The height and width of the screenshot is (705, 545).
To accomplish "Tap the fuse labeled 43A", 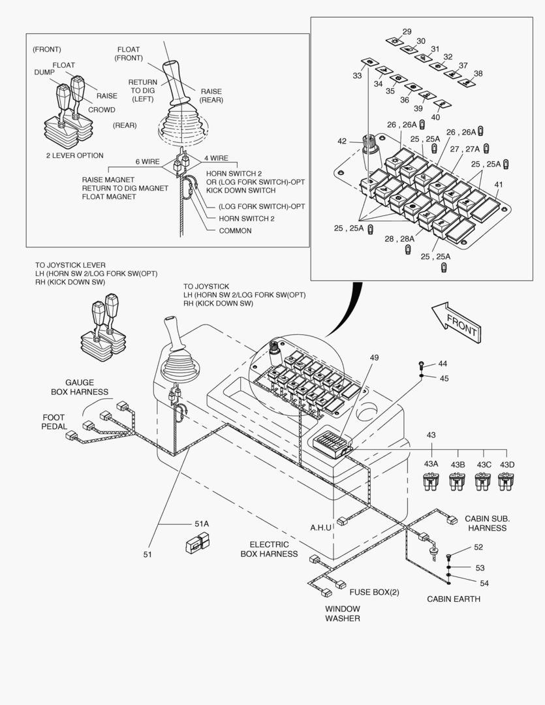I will click(x=431, y=482).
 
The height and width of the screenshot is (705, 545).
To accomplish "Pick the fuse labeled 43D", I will click(x=506, y=482).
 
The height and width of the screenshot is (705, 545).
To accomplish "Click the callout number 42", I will click(x=341, y=141).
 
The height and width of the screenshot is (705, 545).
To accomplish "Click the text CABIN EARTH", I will click(x=454, y=599).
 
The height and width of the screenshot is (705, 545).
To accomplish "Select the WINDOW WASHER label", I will click(x=343, y=614).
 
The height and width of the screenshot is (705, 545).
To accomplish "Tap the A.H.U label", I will click(x=322, y=527).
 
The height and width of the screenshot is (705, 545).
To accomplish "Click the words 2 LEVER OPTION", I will click(x=74, y=155).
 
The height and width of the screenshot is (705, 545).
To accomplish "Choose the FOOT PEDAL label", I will click(x=54, y=422).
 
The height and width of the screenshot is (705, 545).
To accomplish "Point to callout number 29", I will click(x=407, y=31).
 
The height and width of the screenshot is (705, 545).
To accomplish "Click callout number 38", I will click(x=478, y=73).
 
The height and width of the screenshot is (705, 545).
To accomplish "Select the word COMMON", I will click(x=235, y=230).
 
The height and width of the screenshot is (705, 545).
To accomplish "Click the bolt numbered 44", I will click(x=422, y=364).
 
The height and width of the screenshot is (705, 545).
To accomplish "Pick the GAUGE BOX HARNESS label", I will click(x=79, y=387).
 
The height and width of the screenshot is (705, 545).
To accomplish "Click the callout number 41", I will click(x=499, y=185).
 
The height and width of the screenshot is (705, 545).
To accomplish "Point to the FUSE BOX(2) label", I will click(x=374, y=592).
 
